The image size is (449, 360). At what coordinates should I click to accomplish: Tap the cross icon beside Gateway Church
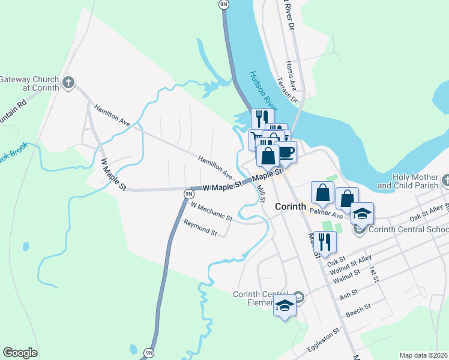pyautogui.click(x=68, y=82)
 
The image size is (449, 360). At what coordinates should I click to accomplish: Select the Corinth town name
pyautogui.click(x=291, y=206)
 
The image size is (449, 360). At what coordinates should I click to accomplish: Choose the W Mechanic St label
pyautogui.click(x=211, y=211)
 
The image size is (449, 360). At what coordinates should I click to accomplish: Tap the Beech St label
pyautogui.click(x=359, y=310)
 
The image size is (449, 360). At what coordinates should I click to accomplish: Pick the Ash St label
pyautogui.click(x=348, y=293)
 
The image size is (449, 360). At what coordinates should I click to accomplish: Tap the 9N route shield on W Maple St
pyautogui.click(x=188, y=194)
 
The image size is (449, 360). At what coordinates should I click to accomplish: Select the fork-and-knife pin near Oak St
pyautogui.click(x=325, y=241)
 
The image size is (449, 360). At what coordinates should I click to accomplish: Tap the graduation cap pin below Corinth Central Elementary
pyautogui.click(x=285, y=306)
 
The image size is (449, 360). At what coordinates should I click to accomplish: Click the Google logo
pyautogui.click(x=20, y=353)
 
